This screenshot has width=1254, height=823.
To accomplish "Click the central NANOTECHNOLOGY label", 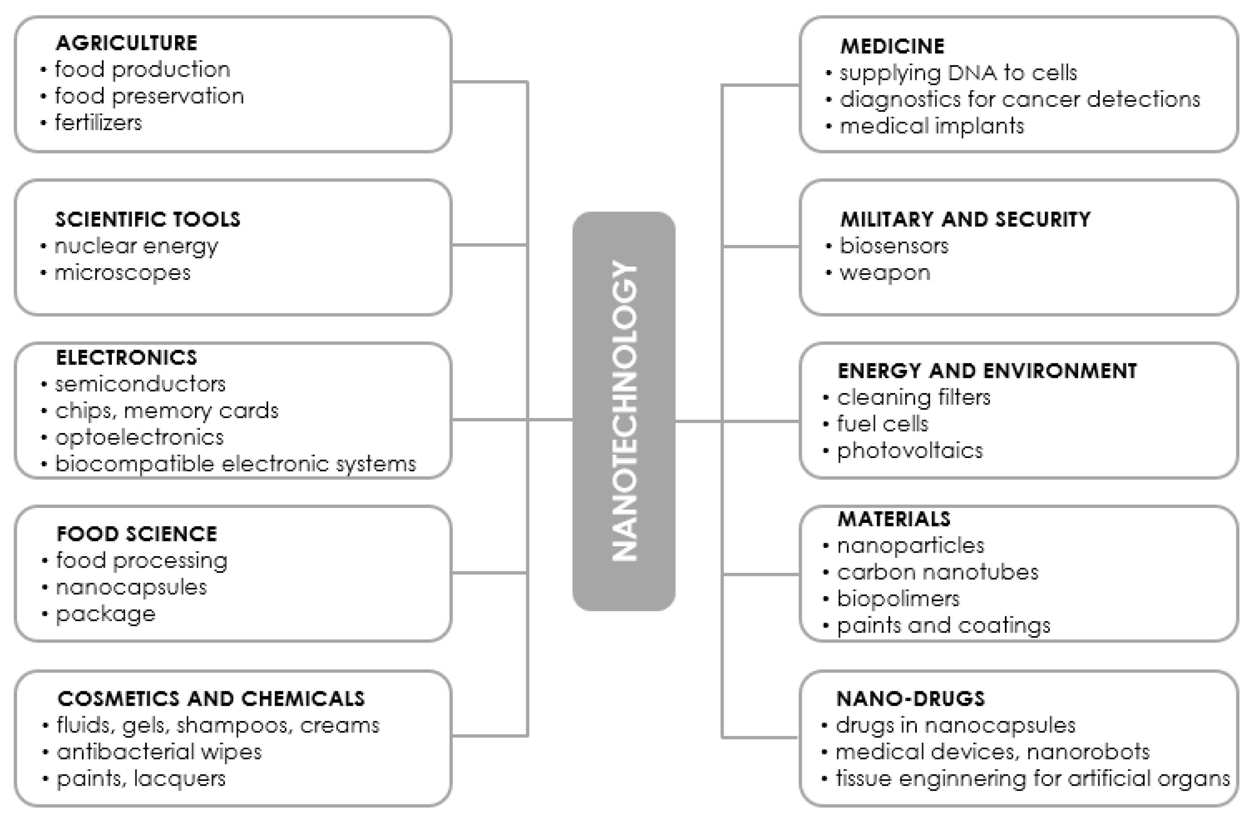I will tap(624, 411).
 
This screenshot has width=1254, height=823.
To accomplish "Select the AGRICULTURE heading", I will tap(126, 43).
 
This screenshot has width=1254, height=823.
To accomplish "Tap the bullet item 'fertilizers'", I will tap(99, 123).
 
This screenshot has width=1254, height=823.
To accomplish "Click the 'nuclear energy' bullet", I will tap(136, 246).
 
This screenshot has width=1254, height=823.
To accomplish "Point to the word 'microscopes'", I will tap(122, 273).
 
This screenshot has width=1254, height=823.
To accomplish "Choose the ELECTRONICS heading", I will tap(126, 357).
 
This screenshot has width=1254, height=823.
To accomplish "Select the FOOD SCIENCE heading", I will tap(136, 534).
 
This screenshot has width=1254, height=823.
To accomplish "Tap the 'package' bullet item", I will tap(106, 614).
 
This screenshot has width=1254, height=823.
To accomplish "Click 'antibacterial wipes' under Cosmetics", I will tap(159, 752).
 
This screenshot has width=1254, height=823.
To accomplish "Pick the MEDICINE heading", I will tap(892, 46).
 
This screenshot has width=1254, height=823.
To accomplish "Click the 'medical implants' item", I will tap(931, 126).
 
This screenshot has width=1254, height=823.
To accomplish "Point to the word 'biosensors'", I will tap(894, 246).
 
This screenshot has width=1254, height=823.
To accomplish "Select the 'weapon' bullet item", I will tap(884, 273).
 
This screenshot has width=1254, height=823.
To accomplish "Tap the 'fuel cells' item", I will tap(883, 424).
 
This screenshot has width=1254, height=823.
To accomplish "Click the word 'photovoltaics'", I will tap(910, 451).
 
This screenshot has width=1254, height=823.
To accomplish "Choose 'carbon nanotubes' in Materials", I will tap(937, 572).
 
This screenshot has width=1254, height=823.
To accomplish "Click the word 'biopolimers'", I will tap(898, 599).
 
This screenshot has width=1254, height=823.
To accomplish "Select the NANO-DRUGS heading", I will tap(910, 699).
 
